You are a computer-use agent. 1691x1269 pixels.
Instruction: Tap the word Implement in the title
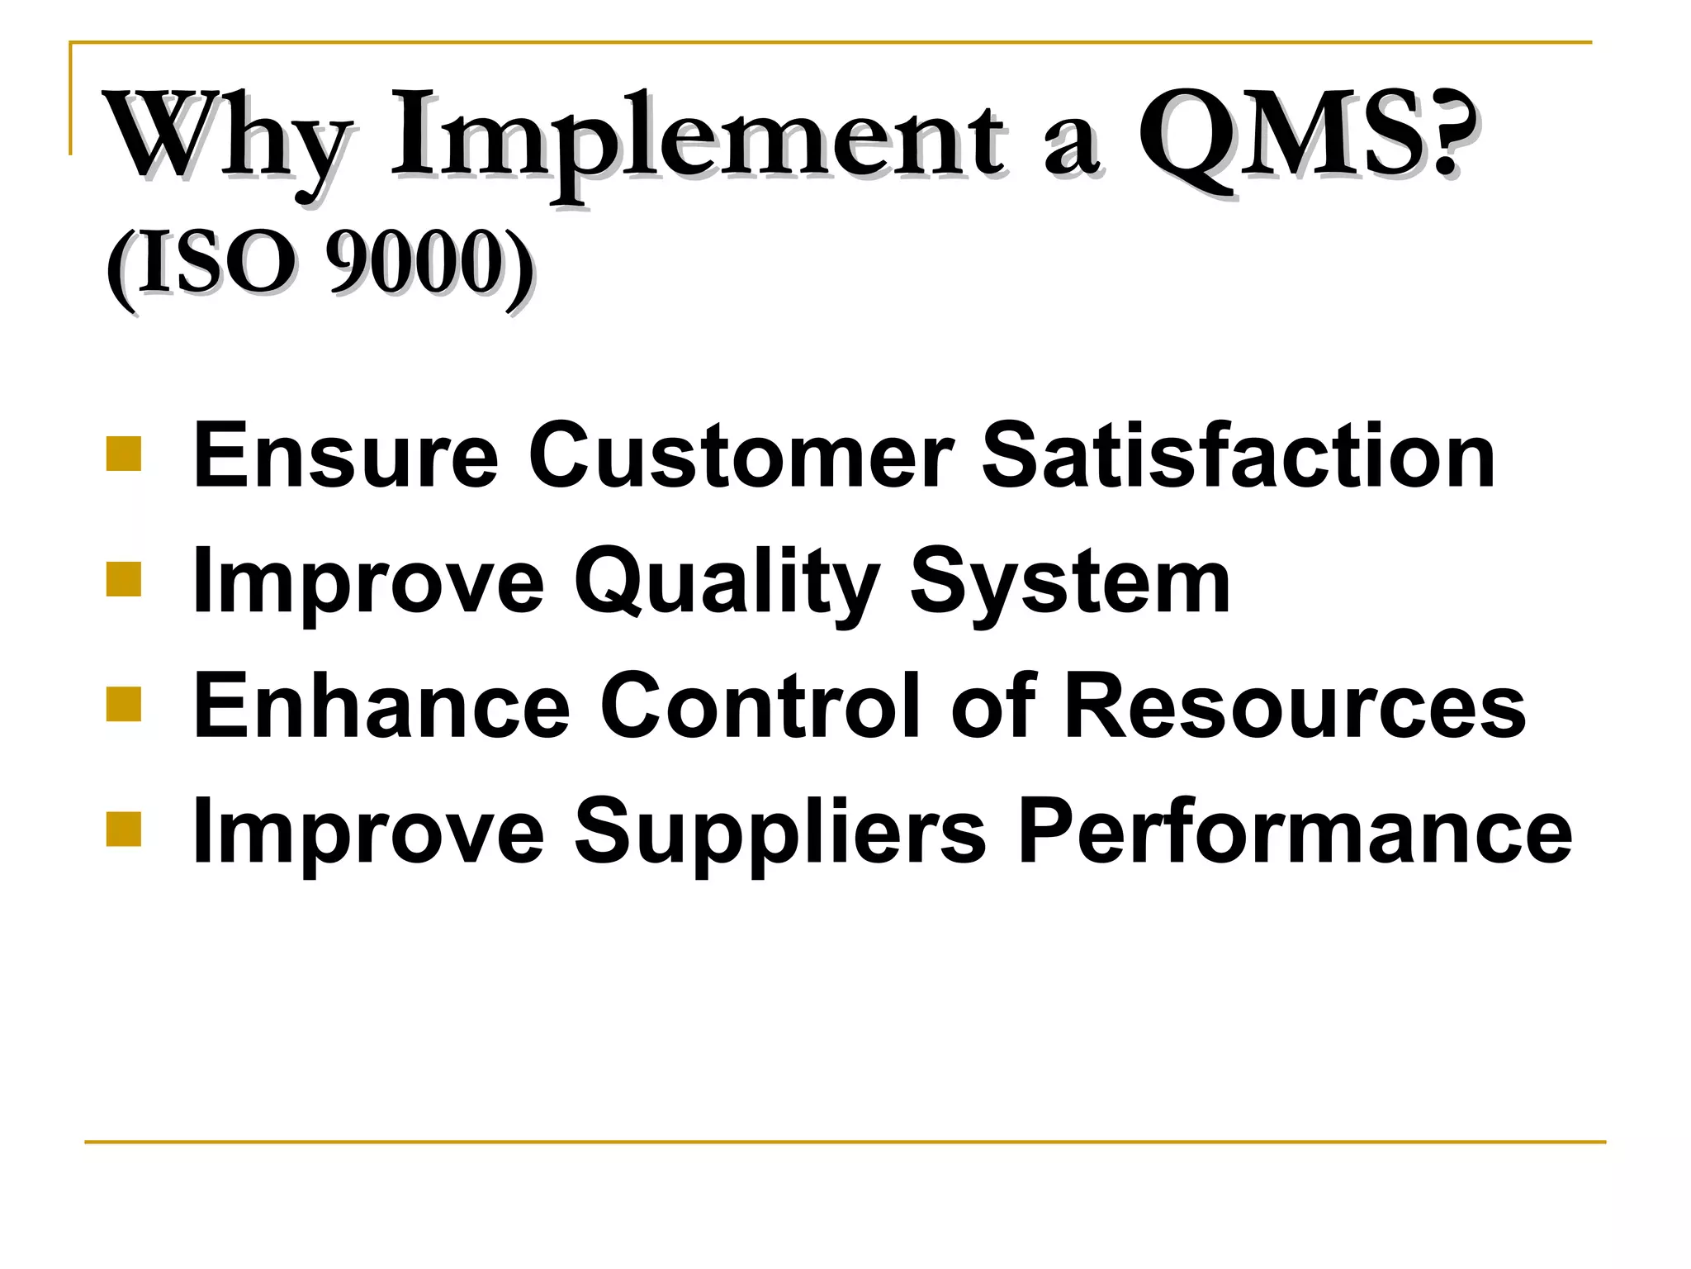[x=699, y=136]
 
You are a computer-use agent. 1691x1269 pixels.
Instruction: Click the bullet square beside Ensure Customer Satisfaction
[x=124, y=454]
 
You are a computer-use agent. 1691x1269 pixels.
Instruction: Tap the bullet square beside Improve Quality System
[x=124, y=579]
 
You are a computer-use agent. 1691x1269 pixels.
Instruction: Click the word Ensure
[x=345, y=455]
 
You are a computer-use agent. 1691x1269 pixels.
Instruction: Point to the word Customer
[x=741, y=455]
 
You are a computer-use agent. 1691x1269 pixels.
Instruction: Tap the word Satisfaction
[x=1239, y=455]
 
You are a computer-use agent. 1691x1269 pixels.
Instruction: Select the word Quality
[x=727, y=582]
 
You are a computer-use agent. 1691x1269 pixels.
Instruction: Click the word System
[x=1070, y=582]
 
